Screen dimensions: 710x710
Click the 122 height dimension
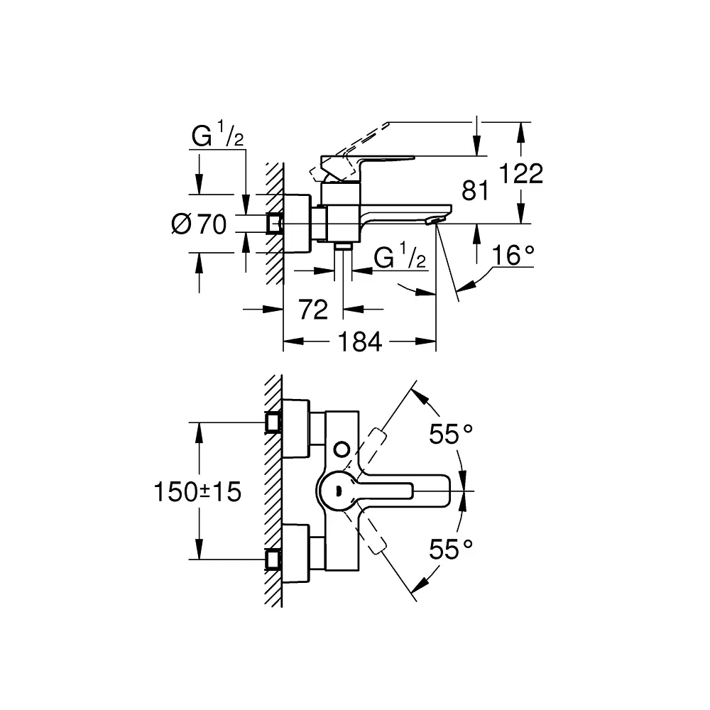[x=520, y=173]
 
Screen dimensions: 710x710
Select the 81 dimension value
[x=475, y=190]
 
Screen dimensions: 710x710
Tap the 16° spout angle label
[x=513, y=256]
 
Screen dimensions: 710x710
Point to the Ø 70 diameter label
[x=200, y=224]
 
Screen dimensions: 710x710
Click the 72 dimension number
[x=313, y=310]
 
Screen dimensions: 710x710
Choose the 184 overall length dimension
[x=360, y=342]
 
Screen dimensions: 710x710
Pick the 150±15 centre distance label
[x=197, y=492]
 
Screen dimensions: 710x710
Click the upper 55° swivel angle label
[x=451, y=435]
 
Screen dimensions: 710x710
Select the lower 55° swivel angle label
[x=451, y=550]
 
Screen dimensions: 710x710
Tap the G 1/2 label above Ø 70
[x=218, y=134]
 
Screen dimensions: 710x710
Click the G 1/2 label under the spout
[x=400, y=256]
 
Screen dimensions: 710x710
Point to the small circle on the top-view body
[x=342, y=449]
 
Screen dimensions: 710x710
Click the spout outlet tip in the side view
[x=434, y=221]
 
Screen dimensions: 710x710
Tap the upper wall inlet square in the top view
[x=273, y=422]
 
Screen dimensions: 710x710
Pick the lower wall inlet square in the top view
[x=273, y=559]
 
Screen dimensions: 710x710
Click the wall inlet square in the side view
[x=274, y=224]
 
